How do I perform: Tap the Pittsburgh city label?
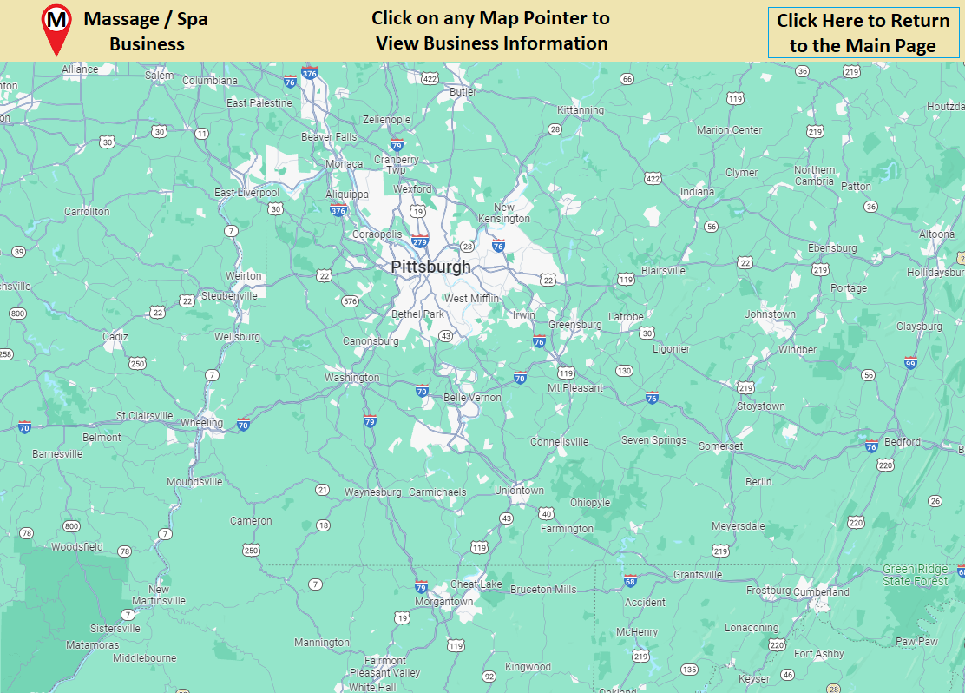pyautogui.click(x=430, y=267)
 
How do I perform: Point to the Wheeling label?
pyautogui.click(x=201, y=423)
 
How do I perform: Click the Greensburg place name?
pyautogui.click(x=574, y=325)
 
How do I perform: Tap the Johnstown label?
pyautogui.click(x=770, y=314)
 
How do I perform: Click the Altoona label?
pyautogui.click(x=936, y=234)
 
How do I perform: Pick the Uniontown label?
pyautogui.click(x=519, y=491)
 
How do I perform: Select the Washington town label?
pyautogui.click(x=351, y=378)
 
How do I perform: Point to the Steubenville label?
pyautogui.click(x=229, y=295)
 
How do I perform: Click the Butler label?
pyautogui.click(x=463, y=91)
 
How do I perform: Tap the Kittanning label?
pyautogui.click(x=580, y=110)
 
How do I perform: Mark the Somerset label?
pyautogui.click(x=720, y=445)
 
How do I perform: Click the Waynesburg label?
pyautogui.click(x=372, y=492)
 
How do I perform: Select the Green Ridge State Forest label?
pyautogui.click(x=916, y=575)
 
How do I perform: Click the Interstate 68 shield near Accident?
pyautogui.click(x=630, y=579)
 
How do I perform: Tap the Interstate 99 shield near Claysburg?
pyautogui.click(x=910, y=362)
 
